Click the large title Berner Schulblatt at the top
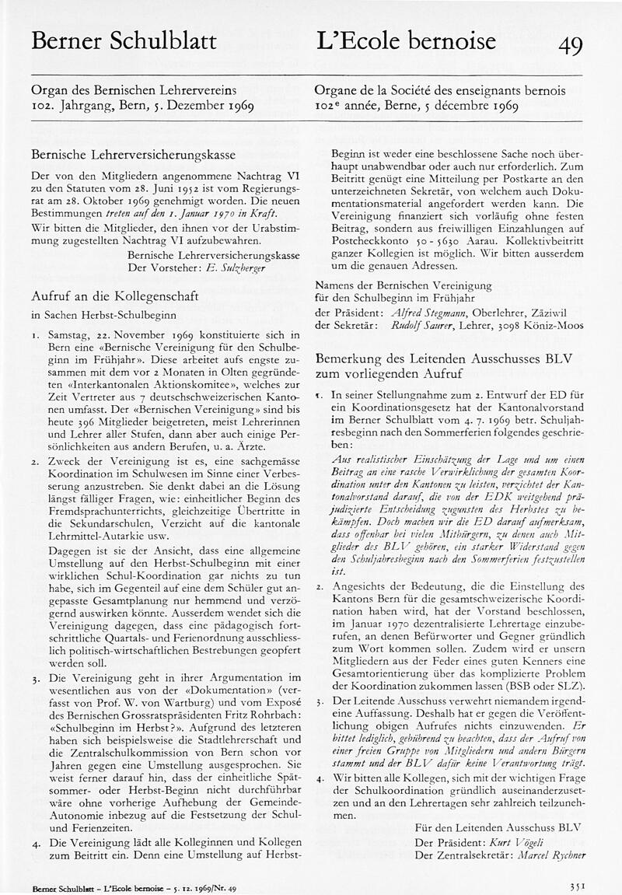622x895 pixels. [124, 41]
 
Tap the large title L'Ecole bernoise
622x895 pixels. [405, 41]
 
